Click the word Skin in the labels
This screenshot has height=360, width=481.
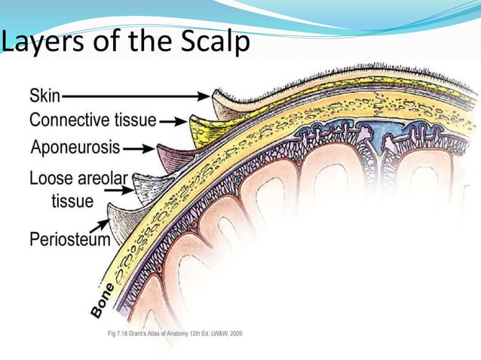(45, 96)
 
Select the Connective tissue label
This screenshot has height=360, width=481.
(93, 120)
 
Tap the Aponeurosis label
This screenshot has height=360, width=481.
(75, 147)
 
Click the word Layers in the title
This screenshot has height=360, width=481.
(41, 43)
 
